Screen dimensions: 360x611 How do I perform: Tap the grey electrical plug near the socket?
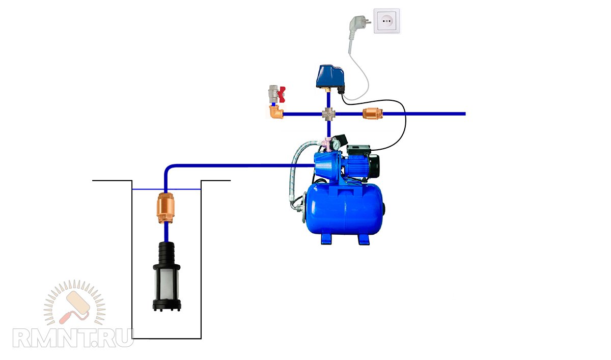[x=355, y=25]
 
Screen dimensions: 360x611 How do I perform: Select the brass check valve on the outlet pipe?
[x=370, y=114]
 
